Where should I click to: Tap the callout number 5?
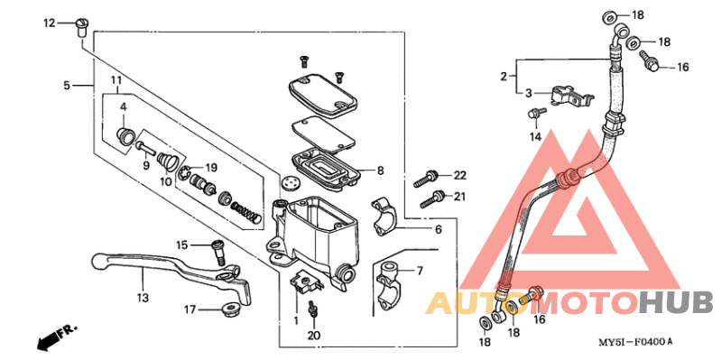(67, 86)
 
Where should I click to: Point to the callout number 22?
(458, 175)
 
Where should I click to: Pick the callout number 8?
(381, 170)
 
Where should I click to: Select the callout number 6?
(438, 230)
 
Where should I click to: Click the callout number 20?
(312, 336)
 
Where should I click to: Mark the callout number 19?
(209, 168)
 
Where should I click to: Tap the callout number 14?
(534, 136)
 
